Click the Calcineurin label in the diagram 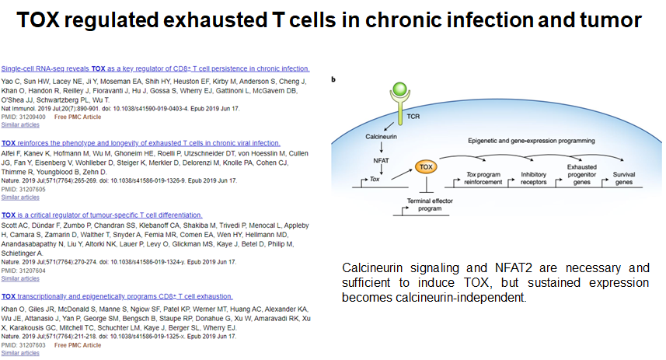coord(381,135)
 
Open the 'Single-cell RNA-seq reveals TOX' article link coord(155,68)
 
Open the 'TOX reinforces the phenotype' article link coord(141,143)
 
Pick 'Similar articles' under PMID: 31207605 coord(20,197)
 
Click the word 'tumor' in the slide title coord(610,21)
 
